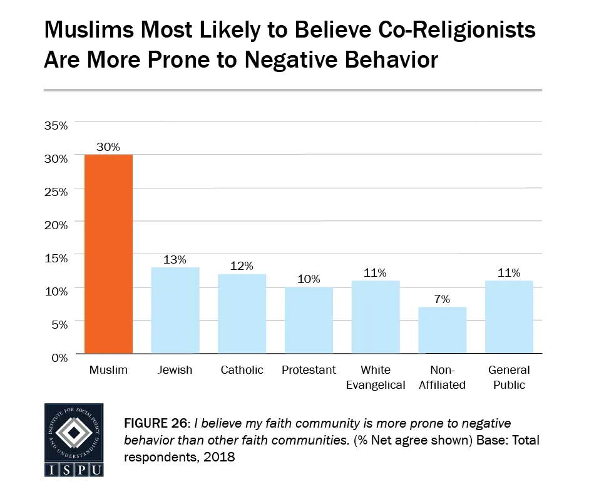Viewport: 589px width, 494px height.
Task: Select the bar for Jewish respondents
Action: pyautogui.click(x=175, y=311)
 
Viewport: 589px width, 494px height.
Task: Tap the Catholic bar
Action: pyautogui.click(x=242, y=314)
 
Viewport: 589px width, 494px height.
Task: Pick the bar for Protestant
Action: pyautogui.click(x=309, y=320)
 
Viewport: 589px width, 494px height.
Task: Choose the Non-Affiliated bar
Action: pyautogui.click(x=443, y=330)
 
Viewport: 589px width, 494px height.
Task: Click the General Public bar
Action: pyautogui.click(x=509, y=317)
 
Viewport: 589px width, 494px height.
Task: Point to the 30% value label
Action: pyautogui.click(x=108, y=147)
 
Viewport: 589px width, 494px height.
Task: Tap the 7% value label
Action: pyautogui.click(x=443, y=299)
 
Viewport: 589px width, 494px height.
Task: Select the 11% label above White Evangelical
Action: pyautogui.click(x=376, y=273)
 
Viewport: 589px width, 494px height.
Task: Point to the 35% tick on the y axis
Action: pyautogui.click(x=56, y=125)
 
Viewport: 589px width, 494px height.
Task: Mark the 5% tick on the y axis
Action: pyautogui.click(x=58, y=324)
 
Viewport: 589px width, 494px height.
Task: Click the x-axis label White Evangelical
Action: pyautogui.click(x=376, y=378)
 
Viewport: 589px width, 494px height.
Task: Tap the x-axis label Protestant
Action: pyautogui.click(x=309, y=370)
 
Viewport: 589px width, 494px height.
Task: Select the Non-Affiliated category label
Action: pyautogui.click(x=443, y=378)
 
